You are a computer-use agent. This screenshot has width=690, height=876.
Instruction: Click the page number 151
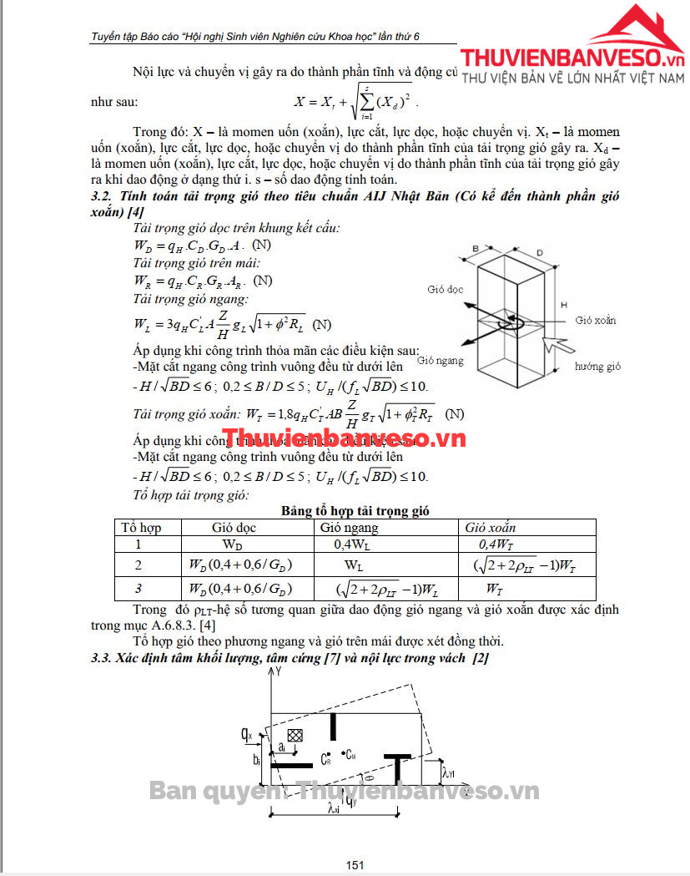(355, 865)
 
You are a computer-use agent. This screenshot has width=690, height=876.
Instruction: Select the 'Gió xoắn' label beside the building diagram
(596, 321)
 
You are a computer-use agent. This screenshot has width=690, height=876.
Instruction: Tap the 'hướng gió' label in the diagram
(598, 367)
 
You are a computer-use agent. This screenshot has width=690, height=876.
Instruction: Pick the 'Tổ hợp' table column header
(141, 528)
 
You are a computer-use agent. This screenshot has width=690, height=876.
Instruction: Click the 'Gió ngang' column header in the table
(349, 528)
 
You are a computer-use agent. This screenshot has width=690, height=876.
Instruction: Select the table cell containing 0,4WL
(350, 544)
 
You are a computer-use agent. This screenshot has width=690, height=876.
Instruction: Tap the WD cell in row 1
(232, 544)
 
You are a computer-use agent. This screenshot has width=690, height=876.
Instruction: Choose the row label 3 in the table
(139, 589)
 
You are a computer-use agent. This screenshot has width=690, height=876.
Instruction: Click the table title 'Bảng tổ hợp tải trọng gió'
(355, 510)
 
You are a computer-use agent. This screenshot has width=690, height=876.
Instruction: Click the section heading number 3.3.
(101, 660)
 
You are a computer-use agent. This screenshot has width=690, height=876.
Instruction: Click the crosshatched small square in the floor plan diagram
(294, 735)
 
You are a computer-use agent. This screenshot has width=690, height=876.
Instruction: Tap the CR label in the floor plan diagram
(326, 759)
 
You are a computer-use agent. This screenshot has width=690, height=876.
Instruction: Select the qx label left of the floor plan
(246, 734)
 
